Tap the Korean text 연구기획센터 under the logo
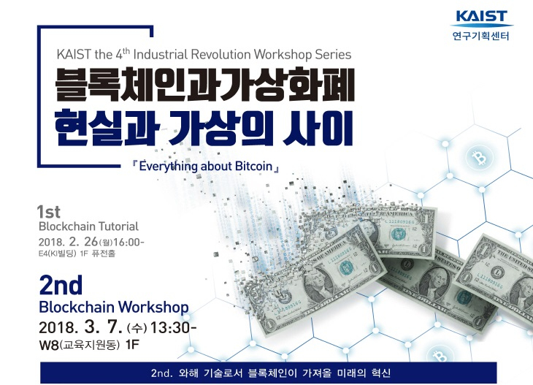(x=480, y=35)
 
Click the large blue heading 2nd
(x=61, y=283)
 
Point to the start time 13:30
(x=173, y=327)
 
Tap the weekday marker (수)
(x=137, y=327)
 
